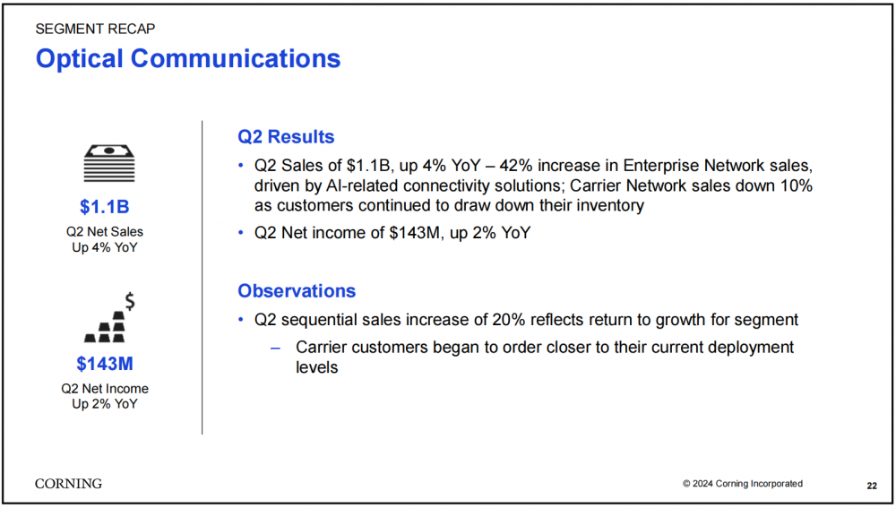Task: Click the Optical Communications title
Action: click(188, 59)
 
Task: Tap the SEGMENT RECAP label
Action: click(95, 30)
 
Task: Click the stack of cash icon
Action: click(109, 163)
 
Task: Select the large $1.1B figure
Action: click(105, 207)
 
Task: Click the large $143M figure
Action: click(105, 364)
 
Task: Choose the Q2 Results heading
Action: click(286, 137)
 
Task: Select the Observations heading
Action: click(297, 291)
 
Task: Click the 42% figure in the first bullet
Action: click(516, 166)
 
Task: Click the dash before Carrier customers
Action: click(275, 348)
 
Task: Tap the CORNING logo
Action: click(69, 484)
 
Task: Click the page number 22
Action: click(872, 486)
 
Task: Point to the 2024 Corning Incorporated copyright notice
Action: click(742, 484)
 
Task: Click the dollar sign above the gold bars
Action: click(130, 300)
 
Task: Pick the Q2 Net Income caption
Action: click(105, 389)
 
